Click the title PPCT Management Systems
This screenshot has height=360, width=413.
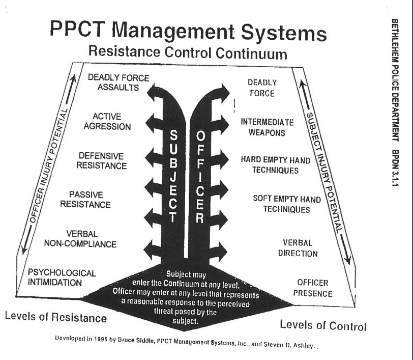188,32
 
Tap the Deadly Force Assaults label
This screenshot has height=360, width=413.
119,82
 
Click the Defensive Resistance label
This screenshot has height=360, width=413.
102,160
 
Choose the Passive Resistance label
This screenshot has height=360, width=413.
85,200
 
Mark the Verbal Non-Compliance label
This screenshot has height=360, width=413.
80,239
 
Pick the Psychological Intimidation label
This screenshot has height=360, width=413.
62,278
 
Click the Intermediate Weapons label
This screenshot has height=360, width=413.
268,127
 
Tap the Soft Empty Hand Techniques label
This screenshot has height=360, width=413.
287,204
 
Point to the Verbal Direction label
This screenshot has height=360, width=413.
300,248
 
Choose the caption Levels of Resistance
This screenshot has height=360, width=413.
56,317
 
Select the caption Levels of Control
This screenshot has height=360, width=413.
323,325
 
